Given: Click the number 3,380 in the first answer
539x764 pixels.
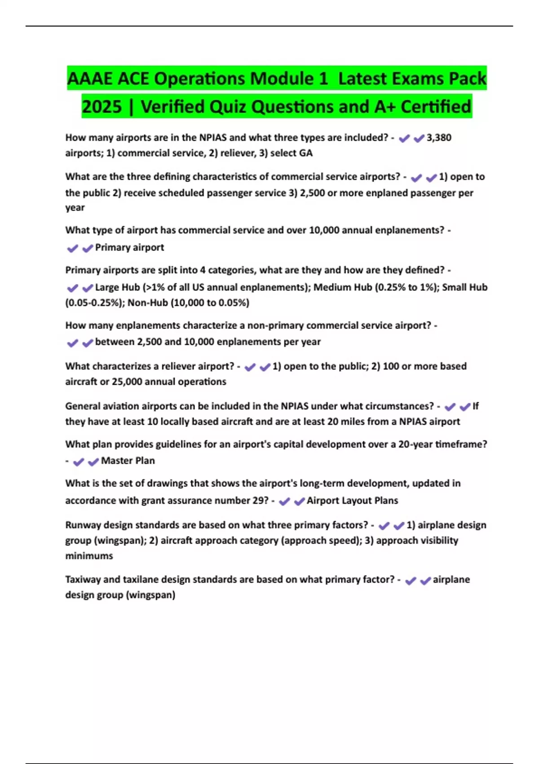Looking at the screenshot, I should pos(439,138).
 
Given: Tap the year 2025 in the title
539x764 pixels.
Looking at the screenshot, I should pos(102,107).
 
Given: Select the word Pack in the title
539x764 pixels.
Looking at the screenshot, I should pos(465,79).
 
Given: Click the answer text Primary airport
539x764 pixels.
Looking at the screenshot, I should pos(129,247).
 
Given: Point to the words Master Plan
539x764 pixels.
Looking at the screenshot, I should pos(128,461).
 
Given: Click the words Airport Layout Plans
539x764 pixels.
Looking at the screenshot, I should pos(352,501).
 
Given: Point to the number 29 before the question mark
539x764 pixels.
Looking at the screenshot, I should pos(260,501).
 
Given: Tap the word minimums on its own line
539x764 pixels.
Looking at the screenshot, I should pos(89,556).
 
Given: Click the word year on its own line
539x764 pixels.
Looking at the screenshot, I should pos(75,208).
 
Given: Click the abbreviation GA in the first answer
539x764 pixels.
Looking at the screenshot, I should pos(305,153).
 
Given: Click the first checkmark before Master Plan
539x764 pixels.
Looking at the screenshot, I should pos(79,462).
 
